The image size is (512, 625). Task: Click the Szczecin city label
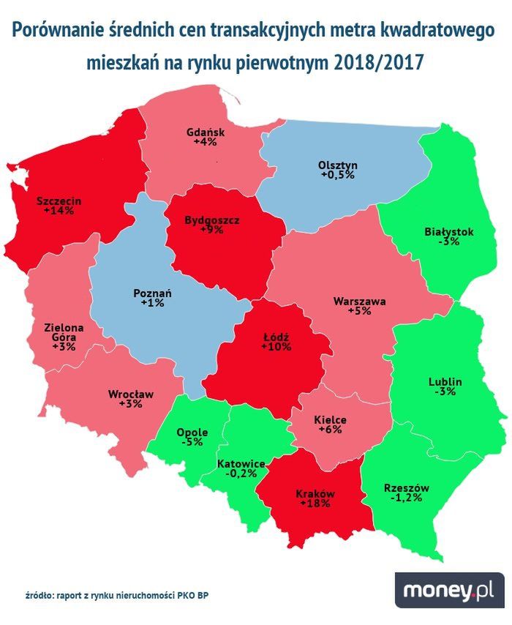(58, 200)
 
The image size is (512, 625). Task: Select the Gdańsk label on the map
(206, 132)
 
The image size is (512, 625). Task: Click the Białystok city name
(448, 231)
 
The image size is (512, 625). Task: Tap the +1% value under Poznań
(152, 303)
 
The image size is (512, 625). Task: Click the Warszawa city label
(359, 300)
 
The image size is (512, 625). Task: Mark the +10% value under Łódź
(276, 347)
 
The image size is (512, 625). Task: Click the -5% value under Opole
(192, 443)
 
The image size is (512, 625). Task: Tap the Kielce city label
(329, 420)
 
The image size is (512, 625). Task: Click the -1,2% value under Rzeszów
(406, 499)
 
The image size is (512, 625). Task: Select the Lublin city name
(445, 381)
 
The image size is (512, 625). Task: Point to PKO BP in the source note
(199, 595)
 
